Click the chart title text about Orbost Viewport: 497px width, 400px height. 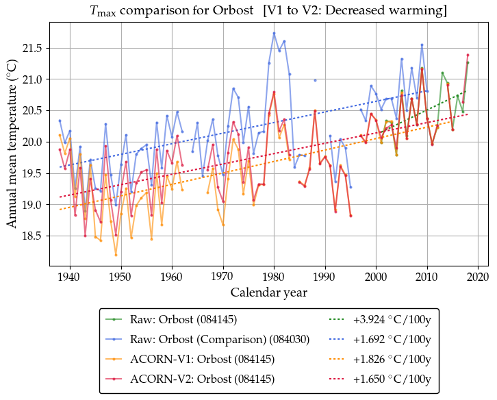268,11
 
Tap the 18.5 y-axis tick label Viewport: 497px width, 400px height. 31,236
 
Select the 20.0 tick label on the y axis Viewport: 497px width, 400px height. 31,142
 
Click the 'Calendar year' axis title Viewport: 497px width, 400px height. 268,292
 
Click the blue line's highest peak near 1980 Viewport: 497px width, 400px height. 274,33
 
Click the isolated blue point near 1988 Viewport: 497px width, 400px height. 315,80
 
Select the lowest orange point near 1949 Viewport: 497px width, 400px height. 116,255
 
